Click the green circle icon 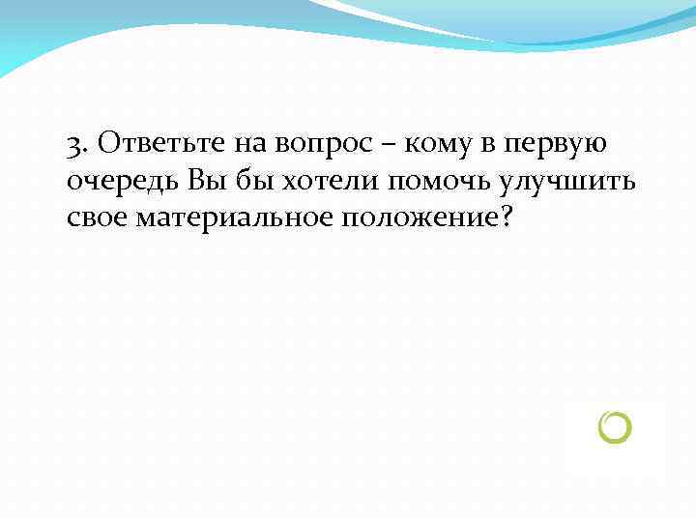pos(615,427)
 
